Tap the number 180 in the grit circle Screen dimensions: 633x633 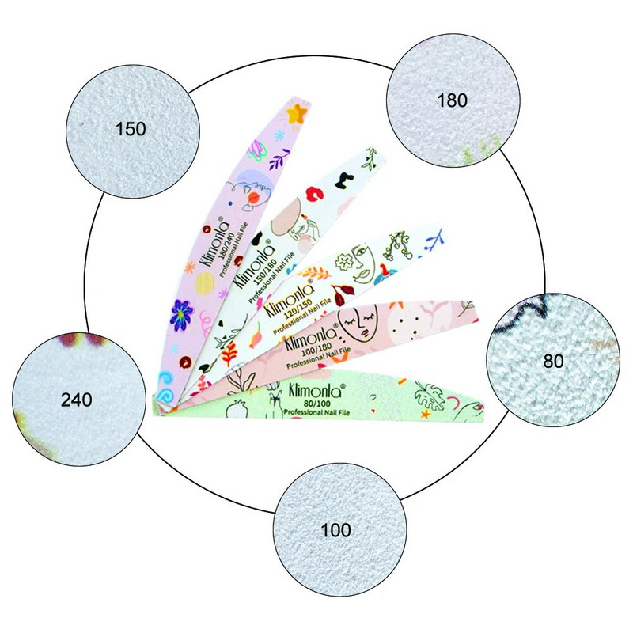click(x=453, y=100)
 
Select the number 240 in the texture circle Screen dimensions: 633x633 click(x=76, y=399)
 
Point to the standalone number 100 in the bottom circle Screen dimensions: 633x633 click(x=337, y=529)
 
